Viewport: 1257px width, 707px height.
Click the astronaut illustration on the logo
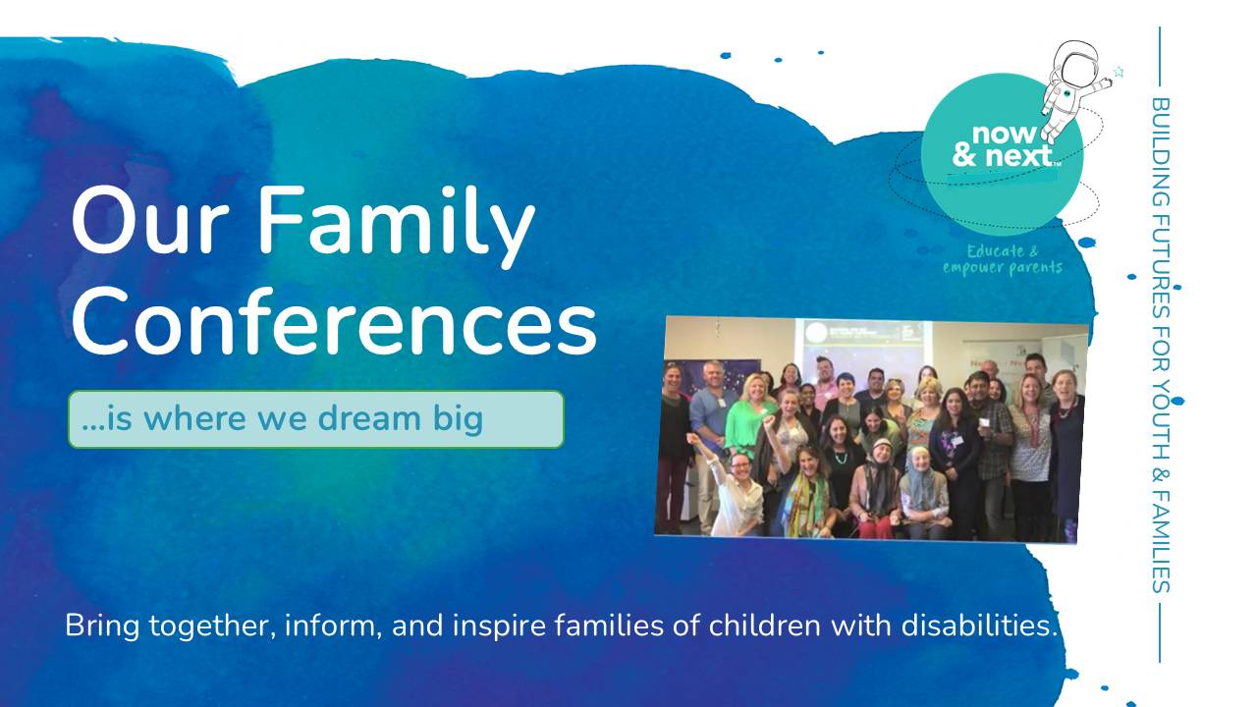(1070, 83)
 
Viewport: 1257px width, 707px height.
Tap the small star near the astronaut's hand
(1118, 72)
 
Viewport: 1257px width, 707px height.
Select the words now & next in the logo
(1002, 145)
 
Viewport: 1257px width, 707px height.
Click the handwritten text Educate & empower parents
(1002, 259)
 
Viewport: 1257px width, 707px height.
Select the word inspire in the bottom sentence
(501, 625)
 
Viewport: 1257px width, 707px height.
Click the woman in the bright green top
(752, 412)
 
